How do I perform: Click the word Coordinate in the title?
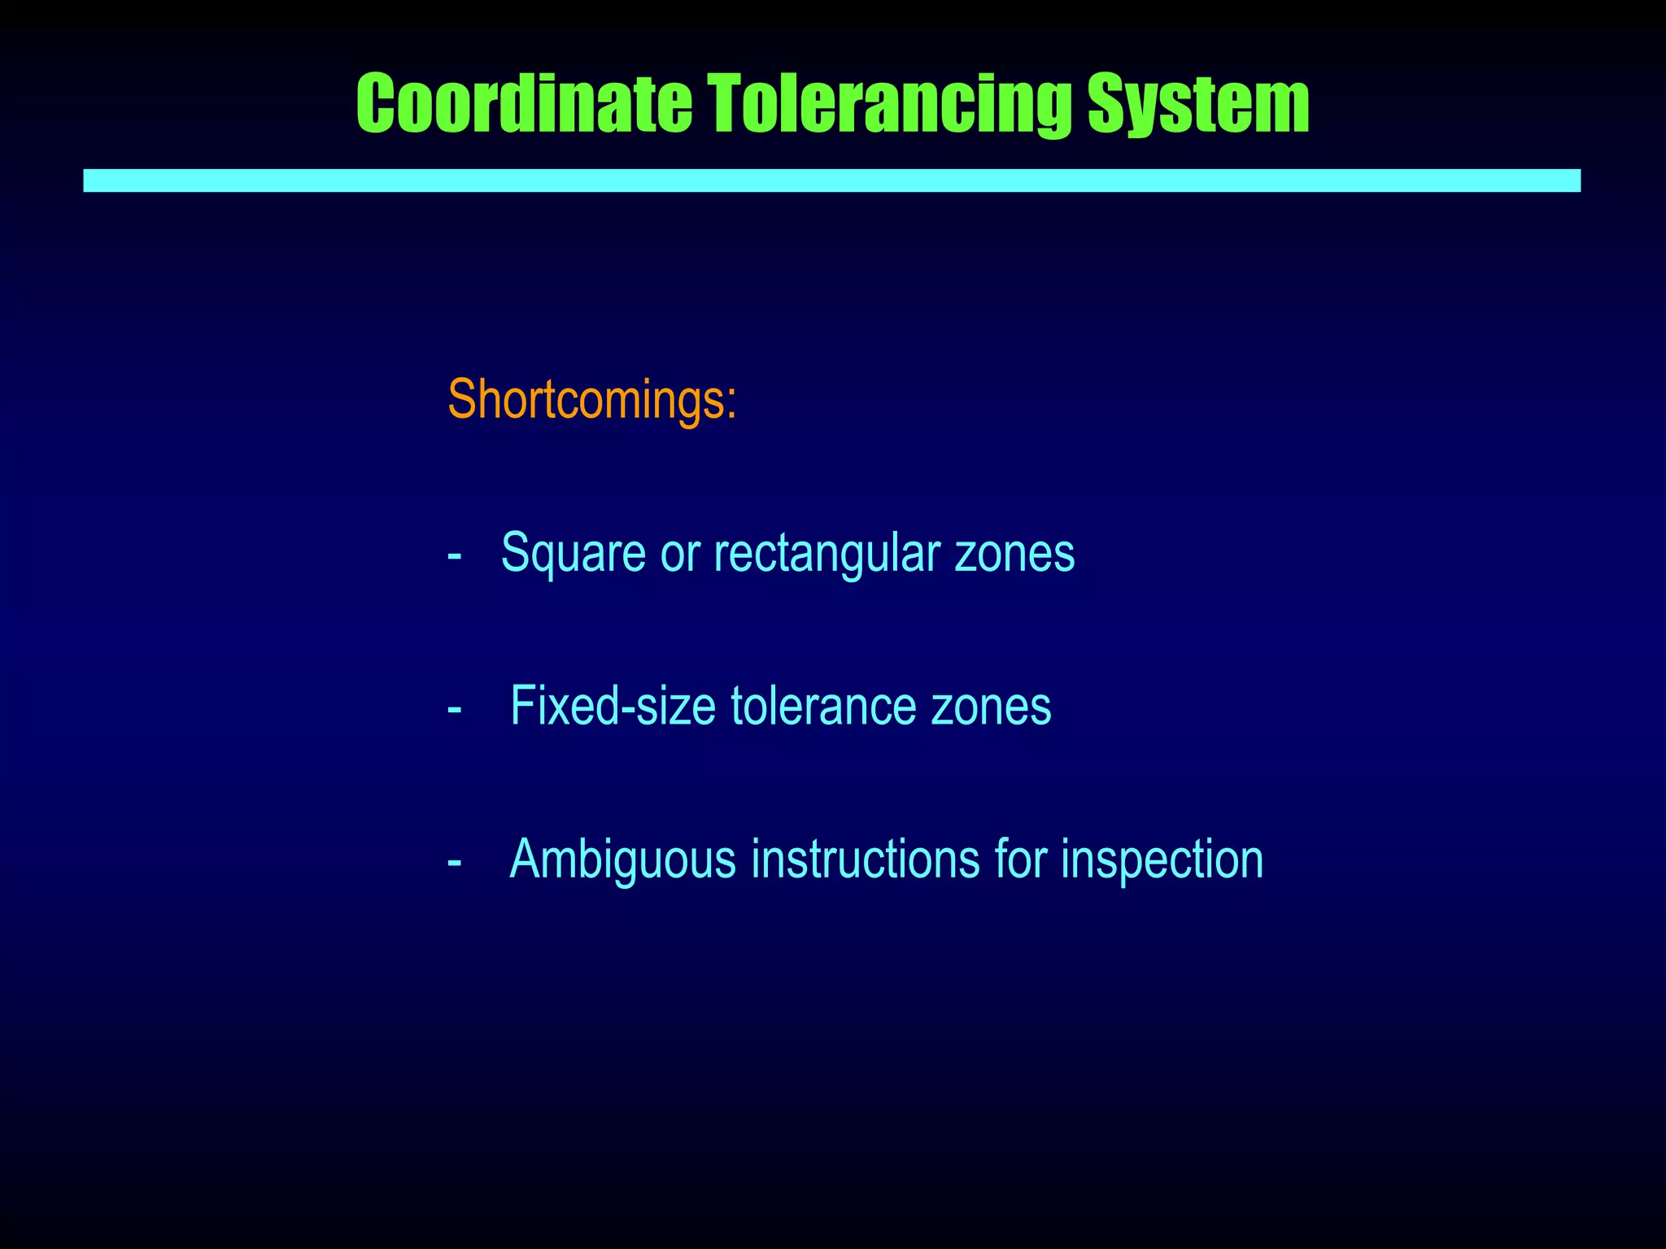524,103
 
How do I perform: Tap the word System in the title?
1198,103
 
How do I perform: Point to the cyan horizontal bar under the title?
831,181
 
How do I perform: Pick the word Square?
561,553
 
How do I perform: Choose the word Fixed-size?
613,706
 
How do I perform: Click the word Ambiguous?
622,860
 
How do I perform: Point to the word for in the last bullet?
1020,858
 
